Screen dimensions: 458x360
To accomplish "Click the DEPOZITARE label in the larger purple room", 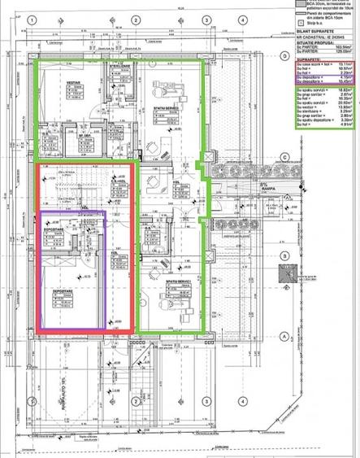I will [x=65, y=290].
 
